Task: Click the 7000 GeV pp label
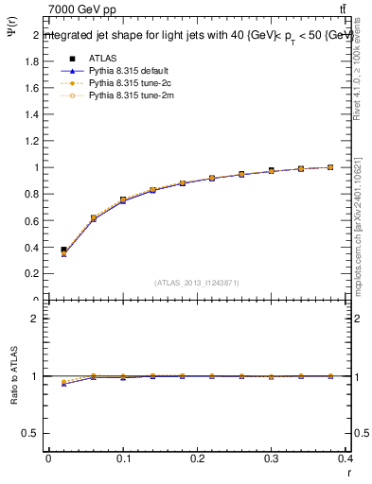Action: click(82, 9)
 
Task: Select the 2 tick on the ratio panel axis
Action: click(36, 319)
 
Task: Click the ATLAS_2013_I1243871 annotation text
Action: click(196, 283)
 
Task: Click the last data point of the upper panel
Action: click(330, 167)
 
